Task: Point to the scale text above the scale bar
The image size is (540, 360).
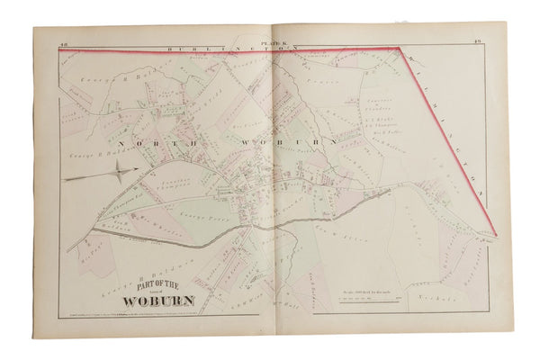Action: click(x=359, y=287)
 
